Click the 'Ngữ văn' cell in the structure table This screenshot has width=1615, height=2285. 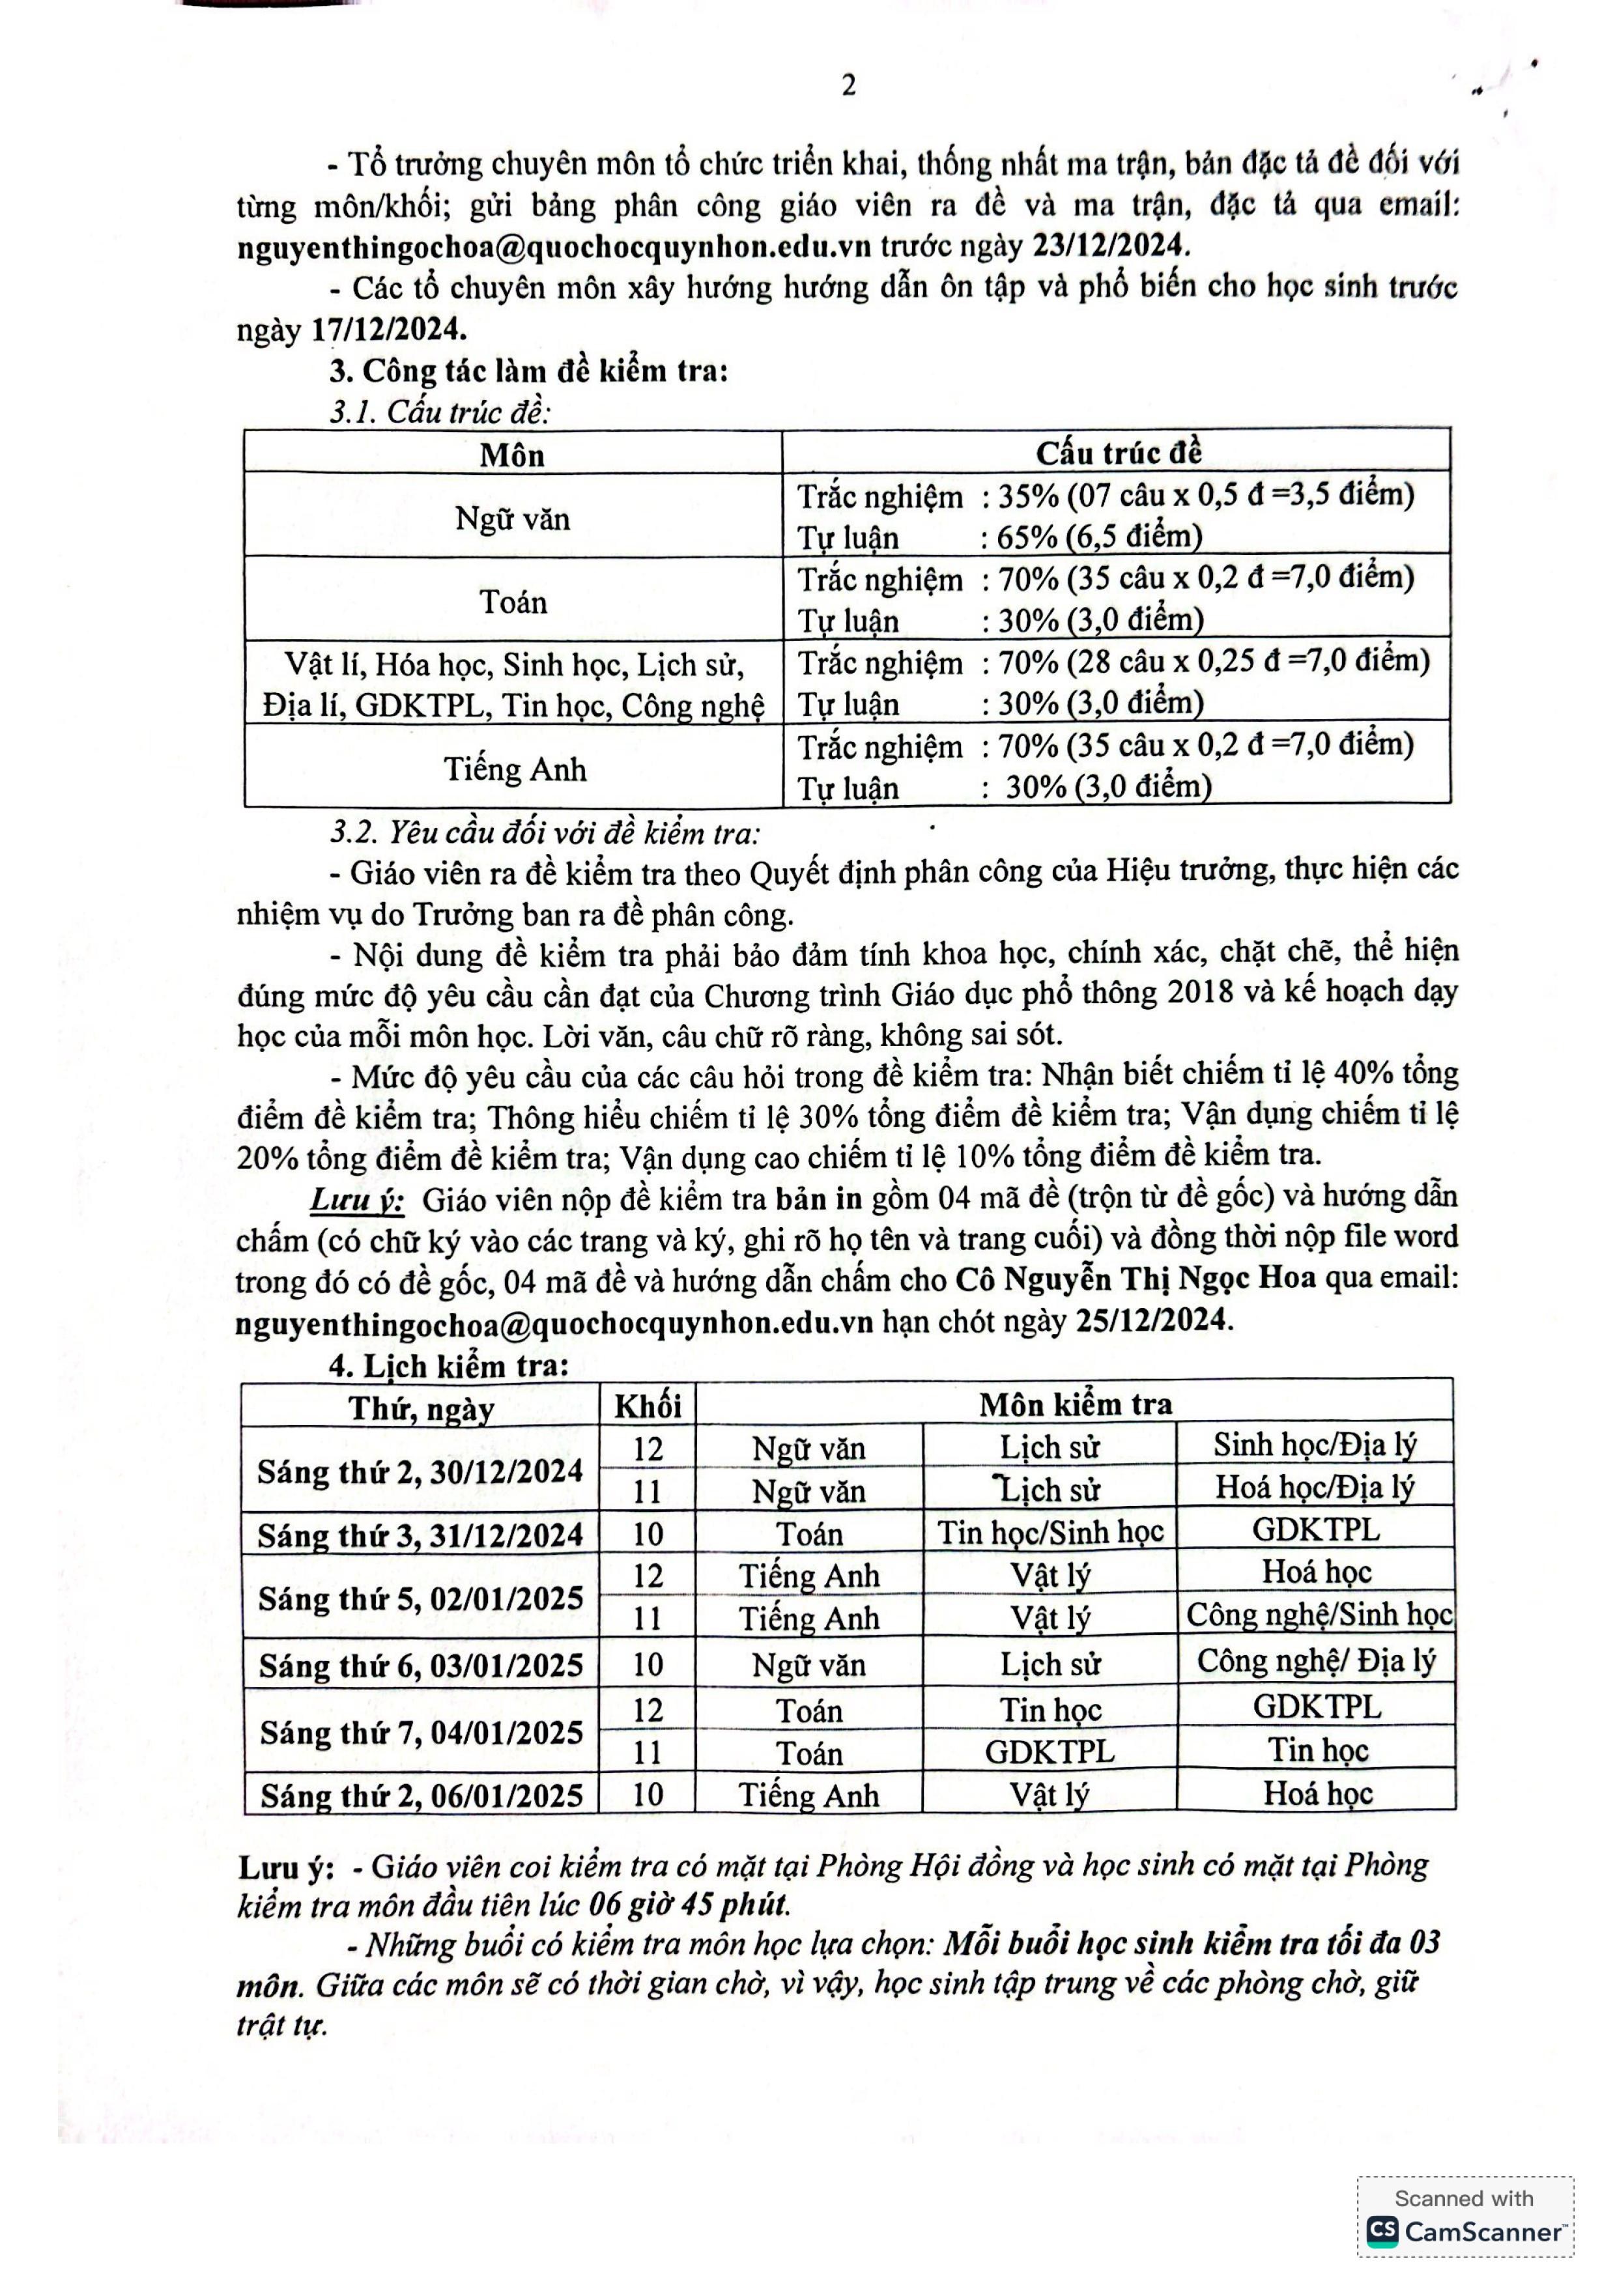(513, 518)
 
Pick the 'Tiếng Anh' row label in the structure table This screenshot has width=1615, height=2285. (515, 769)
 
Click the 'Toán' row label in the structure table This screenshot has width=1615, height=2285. (513, 602)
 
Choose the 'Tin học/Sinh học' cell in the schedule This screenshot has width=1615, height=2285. (1050, 1533)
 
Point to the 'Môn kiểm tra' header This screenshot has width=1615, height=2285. (1075, 1404)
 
